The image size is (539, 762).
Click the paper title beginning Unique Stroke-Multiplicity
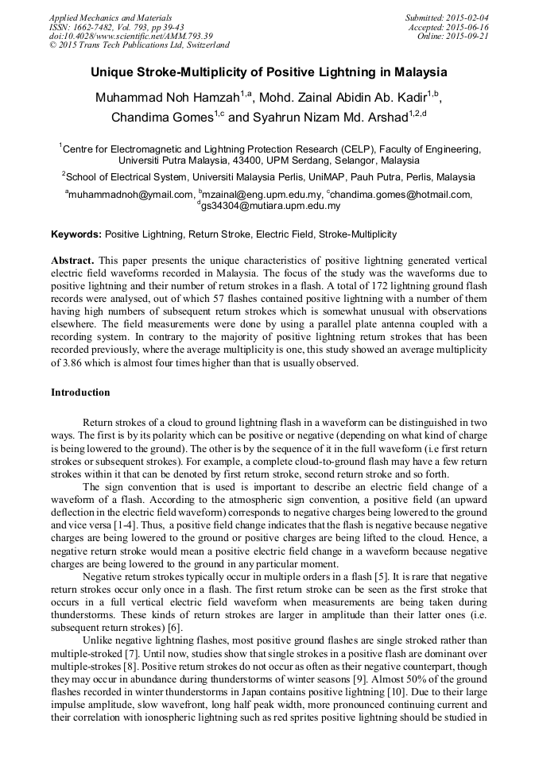269,72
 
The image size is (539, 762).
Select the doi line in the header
130,37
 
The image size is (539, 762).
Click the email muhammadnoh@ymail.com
130,194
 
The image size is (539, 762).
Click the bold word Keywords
76,234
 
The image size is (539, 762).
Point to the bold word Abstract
72,261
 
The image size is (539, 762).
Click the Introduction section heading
80,393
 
